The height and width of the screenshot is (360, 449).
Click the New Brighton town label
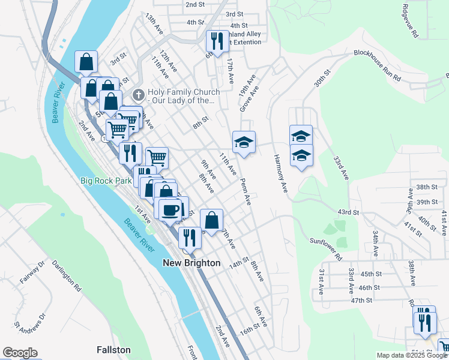point(191,263)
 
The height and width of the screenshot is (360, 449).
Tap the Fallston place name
point(113,349)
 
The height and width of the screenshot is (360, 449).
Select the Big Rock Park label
point(106,180)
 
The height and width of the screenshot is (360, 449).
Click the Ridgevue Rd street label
point(410,23)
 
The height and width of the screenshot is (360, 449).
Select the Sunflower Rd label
point(325,248)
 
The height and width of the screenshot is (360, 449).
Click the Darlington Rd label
point(66,275)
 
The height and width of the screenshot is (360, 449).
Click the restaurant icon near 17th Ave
point(215,40)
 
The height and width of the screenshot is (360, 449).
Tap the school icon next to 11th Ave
point(244,142)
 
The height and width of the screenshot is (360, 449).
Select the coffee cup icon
point(170,209)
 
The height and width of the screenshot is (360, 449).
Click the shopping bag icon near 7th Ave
point(211,219)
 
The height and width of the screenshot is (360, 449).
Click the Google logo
point(20,353)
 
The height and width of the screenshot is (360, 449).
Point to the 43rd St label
point(348,212)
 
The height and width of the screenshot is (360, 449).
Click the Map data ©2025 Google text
point(412,355)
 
